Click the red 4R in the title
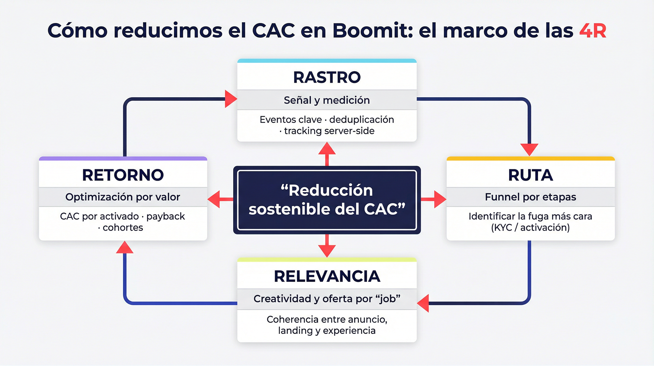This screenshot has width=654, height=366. (593, 31)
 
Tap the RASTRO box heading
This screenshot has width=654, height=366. (327, 78)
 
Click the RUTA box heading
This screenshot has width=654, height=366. (531, 175)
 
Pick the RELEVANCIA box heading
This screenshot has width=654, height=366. (327, 276)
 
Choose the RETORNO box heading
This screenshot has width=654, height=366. (123, 175)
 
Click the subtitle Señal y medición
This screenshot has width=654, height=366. (327, 100)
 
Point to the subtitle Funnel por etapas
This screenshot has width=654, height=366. (531, 197)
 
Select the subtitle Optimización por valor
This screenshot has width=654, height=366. (123, 197)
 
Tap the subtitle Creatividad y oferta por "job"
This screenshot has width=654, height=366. (327, 299)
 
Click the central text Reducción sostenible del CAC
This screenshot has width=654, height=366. (327, 200)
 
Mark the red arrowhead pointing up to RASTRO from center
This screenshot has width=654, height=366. (327, 150)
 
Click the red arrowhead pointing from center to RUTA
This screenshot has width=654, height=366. (439, 199)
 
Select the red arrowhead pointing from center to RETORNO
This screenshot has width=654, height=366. (215, 199)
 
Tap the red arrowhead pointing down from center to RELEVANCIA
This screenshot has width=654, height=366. (327, 250)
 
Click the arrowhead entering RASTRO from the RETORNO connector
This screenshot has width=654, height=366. (230, 99)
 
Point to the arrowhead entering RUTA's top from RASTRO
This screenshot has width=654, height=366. (529, 149)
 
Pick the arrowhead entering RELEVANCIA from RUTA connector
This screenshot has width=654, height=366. (423, 303)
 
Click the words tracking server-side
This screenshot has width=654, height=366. (329, 131)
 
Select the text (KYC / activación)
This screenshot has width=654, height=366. (531, 227)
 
